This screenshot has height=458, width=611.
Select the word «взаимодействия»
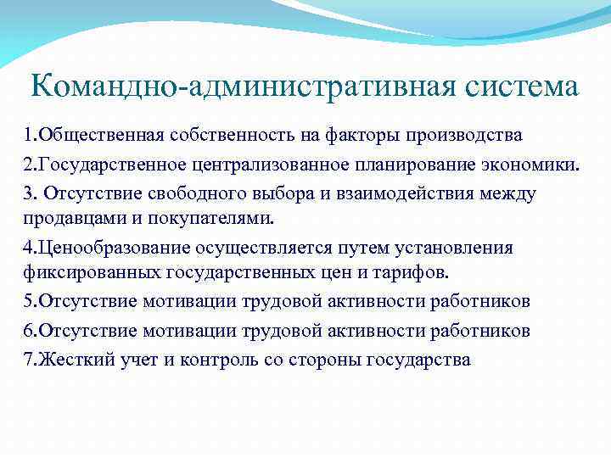click(x=381, y=193)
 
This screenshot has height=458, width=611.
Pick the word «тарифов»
click(x=423, y=273)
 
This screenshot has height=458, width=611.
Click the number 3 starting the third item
click(x=28, y=193)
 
